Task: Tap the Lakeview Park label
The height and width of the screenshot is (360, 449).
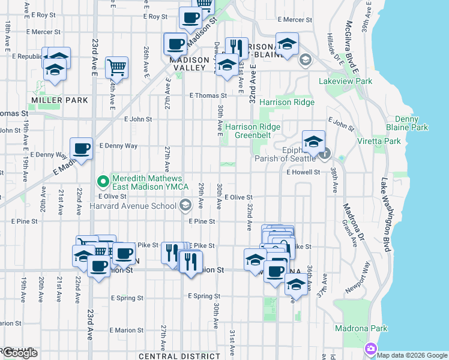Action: [345, 81]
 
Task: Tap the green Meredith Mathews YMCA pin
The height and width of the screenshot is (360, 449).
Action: [103, 179]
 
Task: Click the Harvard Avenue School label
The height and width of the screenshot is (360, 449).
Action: [133, 206]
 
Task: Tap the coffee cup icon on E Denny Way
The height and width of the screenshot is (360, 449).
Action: [81, 148]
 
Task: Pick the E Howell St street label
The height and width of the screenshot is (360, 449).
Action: [305, 172]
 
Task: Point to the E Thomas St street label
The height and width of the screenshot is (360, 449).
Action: [208, 95]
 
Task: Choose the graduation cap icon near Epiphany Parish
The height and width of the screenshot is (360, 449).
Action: [313, 142]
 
